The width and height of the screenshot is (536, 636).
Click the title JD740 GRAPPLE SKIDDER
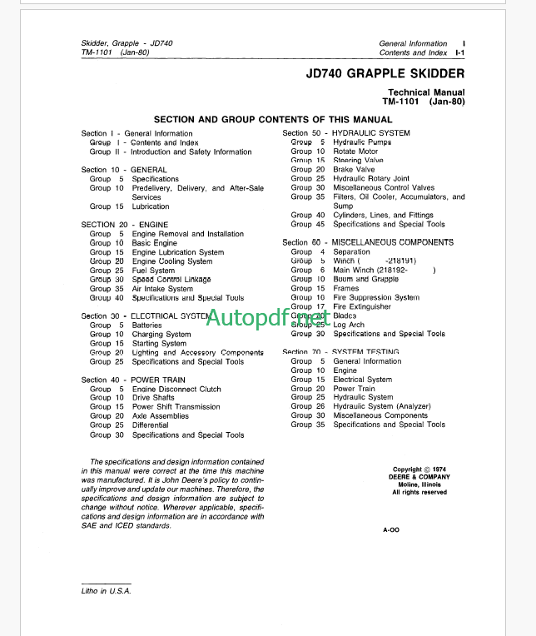click(380, 73)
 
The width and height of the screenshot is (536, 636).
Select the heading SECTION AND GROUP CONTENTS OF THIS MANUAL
click(273, 120)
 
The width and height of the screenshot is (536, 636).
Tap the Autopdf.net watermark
click(267, 317)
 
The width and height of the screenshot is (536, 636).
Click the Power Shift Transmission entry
click(176, 407)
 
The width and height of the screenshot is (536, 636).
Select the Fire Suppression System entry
click(376, 297)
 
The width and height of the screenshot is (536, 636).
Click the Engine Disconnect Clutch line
click(176, 389)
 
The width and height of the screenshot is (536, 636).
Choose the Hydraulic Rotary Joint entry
click(371, 178)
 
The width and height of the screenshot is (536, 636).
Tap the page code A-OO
click(391, 529)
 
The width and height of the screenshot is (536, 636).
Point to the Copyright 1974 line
click(419, 470)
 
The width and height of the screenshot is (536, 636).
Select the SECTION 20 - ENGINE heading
click(124, 225)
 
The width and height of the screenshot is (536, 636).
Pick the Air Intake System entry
click(162, 289)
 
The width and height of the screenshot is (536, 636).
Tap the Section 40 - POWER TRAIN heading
click(133, 380)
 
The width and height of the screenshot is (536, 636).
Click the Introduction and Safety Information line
click(191, 152)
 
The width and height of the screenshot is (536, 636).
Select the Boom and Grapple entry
click(365, 279)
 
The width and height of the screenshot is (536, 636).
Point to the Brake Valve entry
click(354, 169)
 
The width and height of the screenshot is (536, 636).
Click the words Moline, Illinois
click(419, 484)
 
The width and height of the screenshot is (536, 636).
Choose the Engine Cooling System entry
click(172, 261)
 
